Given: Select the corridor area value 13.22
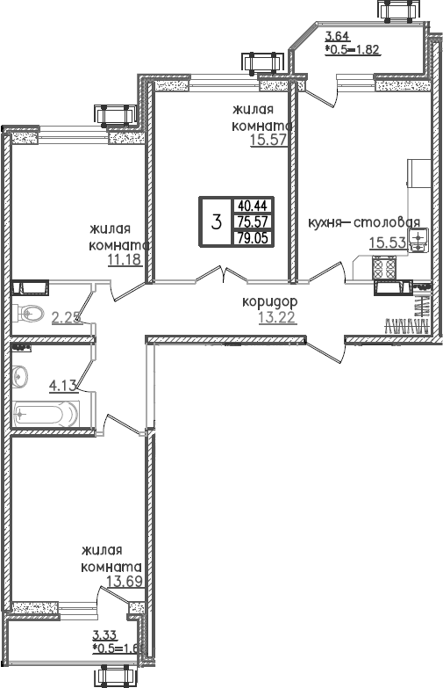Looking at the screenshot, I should point(277,317).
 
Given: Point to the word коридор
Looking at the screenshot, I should point(272,302).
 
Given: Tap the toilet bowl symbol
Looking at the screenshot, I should point(30,311).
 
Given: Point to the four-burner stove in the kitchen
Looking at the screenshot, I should point(385,264).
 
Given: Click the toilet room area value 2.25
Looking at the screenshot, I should point(67,317).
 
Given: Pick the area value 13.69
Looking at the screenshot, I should point(125,581).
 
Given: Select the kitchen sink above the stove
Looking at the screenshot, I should point(418,239).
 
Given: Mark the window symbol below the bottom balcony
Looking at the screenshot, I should point(116,676).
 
